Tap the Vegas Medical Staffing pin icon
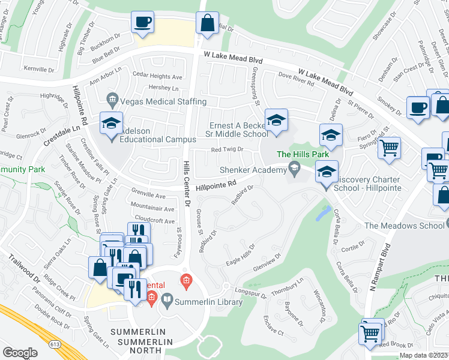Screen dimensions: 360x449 [112, 98]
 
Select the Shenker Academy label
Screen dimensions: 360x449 [253, 170]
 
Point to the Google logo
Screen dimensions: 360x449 [20, 352]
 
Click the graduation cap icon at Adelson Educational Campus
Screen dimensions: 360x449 [111, 124]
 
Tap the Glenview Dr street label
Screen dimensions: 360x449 [268, 264]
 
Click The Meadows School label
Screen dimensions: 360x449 [403, 226]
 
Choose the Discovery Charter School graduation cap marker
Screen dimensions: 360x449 [327, 173]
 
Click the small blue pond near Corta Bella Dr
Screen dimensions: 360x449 [324, 212]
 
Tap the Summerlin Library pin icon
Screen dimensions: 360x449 [169, 298]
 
